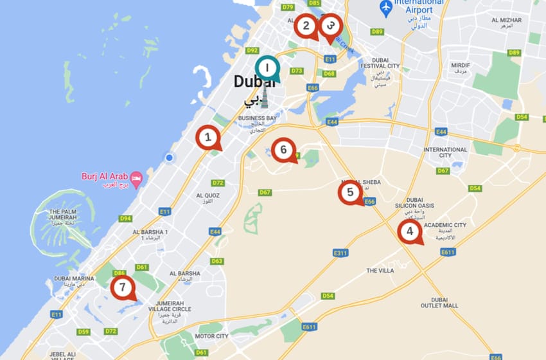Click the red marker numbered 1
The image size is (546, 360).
click(x=207, y=137)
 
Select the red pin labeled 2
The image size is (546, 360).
click(x=306, y=26)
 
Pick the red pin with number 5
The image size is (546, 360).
click(x=350, y=192)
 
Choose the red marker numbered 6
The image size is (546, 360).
click(x=283, y=150)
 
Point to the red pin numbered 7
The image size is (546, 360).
click(x=122, y=287)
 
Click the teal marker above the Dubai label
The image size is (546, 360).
click(x=267, y=67)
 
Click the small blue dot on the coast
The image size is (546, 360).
click(x=169, y=157)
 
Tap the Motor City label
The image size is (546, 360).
click(x=211, y=336)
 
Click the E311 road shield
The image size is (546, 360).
click(x=340, y=253)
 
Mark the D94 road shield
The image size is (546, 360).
click(x=125, y=219)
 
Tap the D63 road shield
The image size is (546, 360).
click(x=216, y=261)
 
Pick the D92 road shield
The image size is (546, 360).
click(x=252, y=50)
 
